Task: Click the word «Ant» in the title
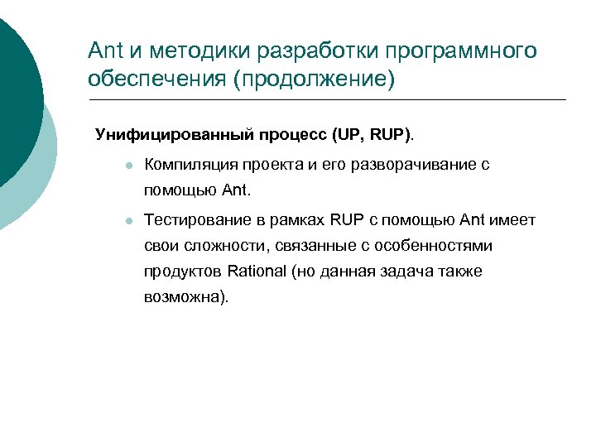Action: tap(105, 51)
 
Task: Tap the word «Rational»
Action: tap(257, 272)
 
